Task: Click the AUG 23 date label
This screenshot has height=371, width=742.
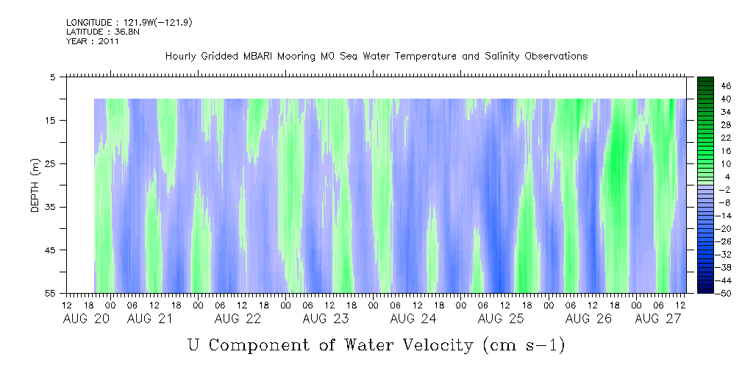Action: pyautogui.click(x=326, y=319)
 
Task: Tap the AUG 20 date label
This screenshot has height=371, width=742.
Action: pyautogui.click(x=86, y=319)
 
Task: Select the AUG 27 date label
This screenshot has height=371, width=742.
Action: pyautogui.click(x=658, y=319)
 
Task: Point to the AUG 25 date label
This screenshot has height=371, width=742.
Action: pyautogui.click(x=501, y=319)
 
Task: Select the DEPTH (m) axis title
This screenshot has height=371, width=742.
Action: pyautogui.click(x=35, y=185)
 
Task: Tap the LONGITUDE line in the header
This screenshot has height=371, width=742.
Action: pyautogui.click(x=129, y=23)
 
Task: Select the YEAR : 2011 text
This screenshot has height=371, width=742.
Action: pyautogui.click(x=93, y=41)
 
